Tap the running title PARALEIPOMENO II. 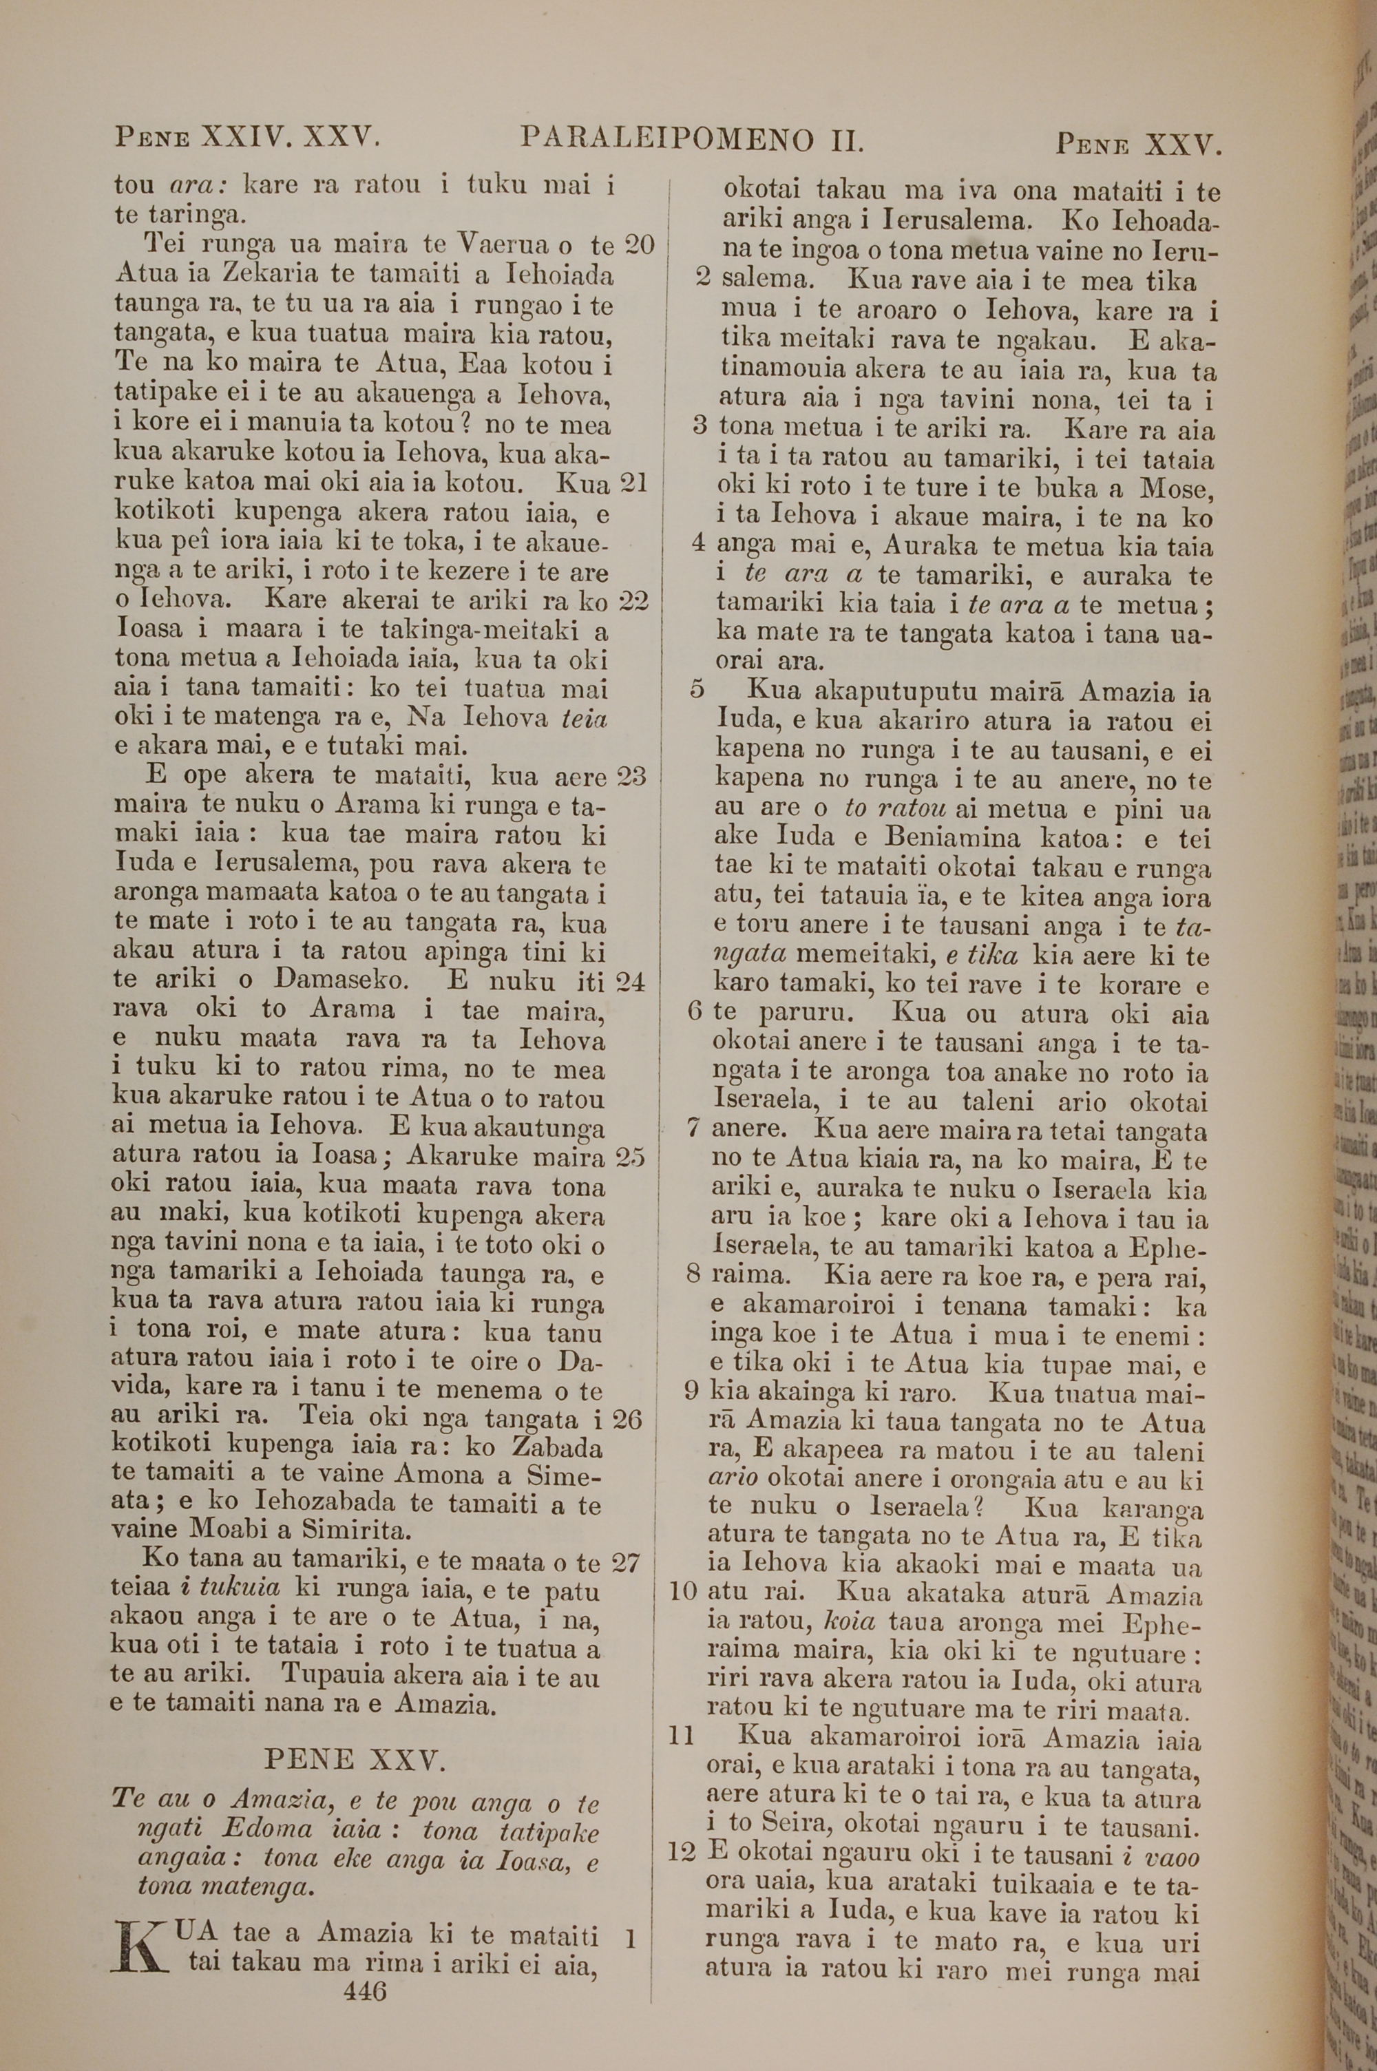693,138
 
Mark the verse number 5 697,691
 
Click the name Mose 1176,488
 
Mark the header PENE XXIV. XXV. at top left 246,138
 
